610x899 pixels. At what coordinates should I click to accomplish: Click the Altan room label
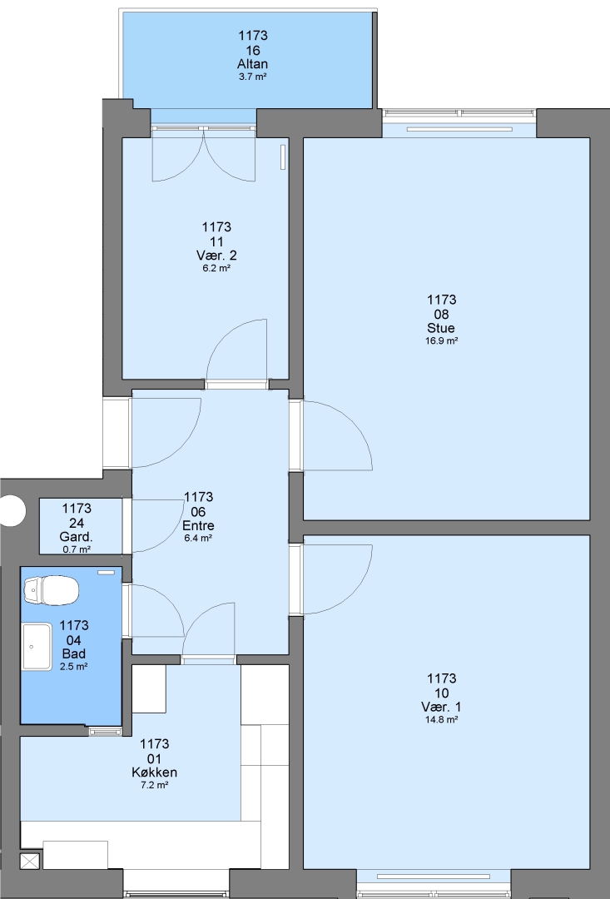click(x=252, y=64)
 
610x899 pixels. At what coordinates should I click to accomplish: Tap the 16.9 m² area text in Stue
click(x=441, y=340)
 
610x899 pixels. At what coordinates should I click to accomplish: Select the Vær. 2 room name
click(x=216, y=256)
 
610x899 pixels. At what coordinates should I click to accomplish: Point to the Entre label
click(x=198, y=525)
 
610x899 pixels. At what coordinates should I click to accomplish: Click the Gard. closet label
click(x=77, y=537)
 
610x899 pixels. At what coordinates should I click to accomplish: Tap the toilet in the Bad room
click(x=51, y=590)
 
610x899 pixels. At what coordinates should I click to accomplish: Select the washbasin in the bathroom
click(x=37, y=647)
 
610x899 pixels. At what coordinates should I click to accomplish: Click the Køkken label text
click(x=154, y=772)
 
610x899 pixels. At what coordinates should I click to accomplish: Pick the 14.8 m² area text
click(x=441, y=719)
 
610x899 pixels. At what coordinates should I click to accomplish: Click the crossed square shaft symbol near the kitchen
click(x=31, y=862)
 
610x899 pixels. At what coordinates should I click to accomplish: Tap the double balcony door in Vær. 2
click(x=204, y=154)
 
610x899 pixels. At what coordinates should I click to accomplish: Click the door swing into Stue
click(x=337, y=435)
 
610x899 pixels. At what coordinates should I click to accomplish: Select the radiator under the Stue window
click(x=459, y=129)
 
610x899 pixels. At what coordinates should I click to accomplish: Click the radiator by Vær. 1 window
click(x=434, y=877)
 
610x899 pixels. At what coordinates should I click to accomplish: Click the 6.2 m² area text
click(x=216, y=268)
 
